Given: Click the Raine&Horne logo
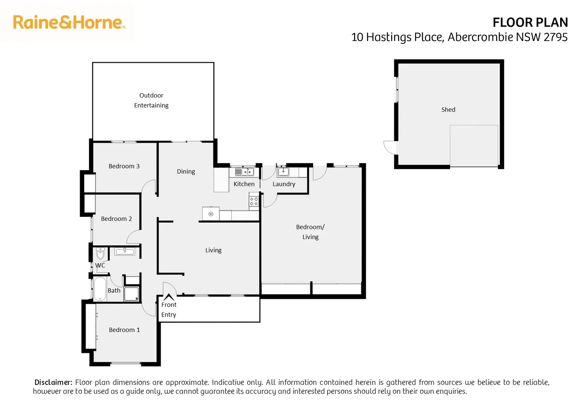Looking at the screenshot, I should [69, 22].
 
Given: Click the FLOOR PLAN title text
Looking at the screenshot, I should [530, 23].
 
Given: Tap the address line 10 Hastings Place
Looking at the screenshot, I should [459, 37].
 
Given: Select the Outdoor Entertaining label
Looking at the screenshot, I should [151, 100].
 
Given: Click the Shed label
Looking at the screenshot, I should [448, 110].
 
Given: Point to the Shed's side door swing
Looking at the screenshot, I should [390, 147].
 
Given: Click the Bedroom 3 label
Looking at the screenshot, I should [124, 166].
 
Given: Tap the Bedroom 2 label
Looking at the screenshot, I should [116, 219].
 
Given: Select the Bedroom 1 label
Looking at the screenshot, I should [124, 330].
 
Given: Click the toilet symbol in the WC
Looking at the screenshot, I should [100, 253].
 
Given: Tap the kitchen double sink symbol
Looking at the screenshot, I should [244, 172].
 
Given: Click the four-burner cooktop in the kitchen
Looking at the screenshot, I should [254, 202].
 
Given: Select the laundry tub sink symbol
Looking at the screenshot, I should [283, 172].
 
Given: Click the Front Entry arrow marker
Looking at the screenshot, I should [168, 297].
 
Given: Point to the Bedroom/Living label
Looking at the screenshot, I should [310, 232].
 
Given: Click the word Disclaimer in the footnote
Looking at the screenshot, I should [53, 382].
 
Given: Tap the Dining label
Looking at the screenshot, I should [186, 172].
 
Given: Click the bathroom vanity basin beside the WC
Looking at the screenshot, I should [125, 251].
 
